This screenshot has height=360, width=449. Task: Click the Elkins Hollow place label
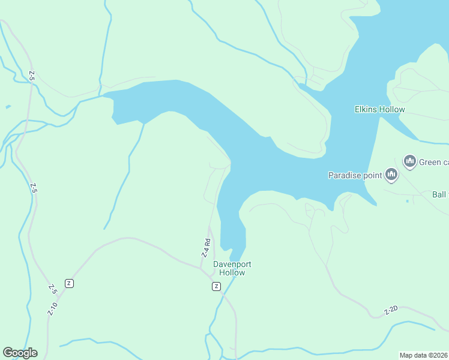(x=380, y=109)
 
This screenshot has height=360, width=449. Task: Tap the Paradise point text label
(x=355, y=175)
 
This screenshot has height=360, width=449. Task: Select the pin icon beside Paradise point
(x=391, y=175)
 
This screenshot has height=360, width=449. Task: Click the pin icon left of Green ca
(x=410, y=161)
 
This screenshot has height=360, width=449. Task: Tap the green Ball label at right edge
(x=439, y=194)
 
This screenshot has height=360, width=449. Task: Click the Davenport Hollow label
(x=232, y=268)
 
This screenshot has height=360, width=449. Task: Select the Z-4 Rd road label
(x=205, y=248)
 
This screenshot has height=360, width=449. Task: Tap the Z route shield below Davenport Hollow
(x=216, y=287)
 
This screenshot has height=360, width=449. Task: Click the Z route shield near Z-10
(x=70, y=283)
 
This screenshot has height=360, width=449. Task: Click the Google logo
(x=20, y=353)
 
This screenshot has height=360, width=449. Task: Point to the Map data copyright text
(x=424, y=355)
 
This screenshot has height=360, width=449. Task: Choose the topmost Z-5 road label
(x=32, y=76)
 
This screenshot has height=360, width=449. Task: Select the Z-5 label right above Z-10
(x=53, y=288)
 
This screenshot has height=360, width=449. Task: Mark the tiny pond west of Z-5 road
(x=7, y=107)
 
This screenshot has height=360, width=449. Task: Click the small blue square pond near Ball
(x=407, y=201)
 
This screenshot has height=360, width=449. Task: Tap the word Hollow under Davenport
(x=232, y=272)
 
